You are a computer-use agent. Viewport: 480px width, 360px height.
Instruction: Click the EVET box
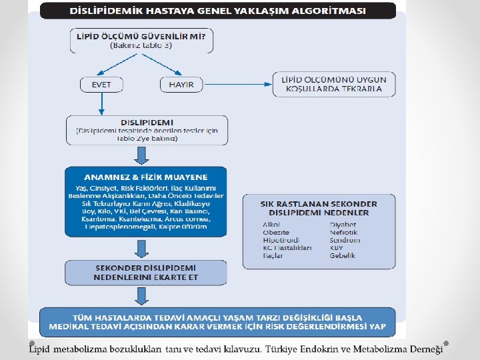(101, 85)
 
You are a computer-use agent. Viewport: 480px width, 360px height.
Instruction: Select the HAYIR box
(181, 85)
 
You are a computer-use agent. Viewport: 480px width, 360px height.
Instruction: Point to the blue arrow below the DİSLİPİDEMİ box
(141, 155)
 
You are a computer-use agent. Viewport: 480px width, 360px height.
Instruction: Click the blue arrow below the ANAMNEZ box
(141, 248)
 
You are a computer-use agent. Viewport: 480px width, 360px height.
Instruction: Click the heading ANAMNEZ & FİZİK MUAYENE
(145, 177)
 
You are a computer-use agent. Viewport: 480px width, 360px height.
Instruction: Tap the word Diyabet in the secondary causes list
(343, 225)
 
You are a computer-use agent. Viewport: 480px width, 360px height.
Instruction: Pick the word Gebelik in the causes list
(342, 255)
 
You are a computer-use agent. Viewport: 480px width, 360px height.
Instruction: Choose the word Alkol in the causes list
(271, 225)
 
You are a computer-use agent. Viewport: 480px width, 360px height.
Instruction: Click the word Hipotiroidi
(280, 240)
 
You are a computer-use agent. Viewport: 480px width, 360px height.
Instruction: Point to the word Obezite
(275, 232)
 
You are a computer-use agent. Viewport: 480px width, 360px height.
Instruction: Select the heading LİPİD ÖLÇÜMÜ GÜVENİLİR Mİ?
(141, 37)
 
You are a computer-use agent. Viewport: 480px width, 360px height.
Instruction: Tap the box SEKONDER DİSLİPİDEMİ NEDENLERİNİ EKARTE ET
(145, 272)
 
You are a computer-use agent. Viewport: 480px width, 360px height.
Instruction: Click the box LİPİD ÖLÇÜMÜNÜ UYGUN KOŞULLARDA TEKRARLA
(333, 84)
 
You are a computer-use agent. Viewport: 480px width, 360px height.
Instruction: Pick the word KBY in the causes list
(337, 247)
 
